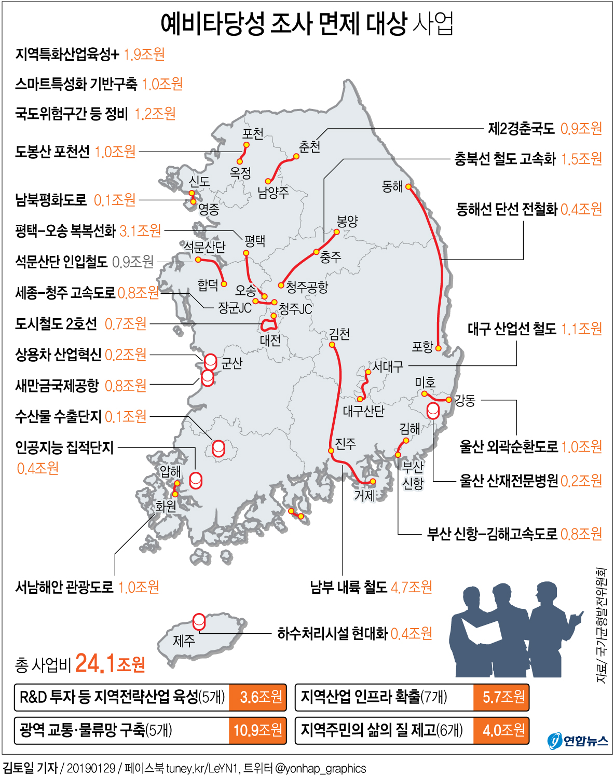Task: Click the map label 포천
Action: [253, 134]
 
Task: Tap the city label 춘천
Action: [309, 147]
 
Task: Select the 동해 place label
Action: [392, 187]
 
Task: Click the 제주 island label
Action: [184, 641]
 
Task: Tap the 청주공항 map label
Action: [307, 287]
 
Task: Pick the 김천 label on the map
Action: [339, 334]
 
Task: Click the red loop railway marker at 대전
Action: [268, 325]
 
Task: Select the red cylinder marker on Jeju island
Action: [199, 621]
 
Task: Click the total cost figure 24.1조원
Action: [110, 663]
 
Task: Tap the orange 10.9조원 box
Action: [257, 730]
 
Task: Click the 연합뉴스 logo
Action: [578, 740]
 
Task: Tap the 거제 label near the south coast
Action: [364, 495]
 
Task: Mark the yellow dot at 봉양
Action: [336, 232]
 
